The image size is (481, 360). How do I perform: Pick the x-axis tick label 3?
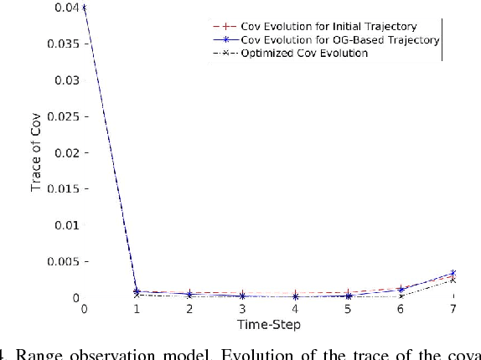click(242, 310)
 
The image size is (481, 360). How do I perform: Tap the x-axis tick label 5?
click(348, 310)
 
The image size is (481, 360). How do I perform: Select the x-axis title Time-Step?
click(270, 324)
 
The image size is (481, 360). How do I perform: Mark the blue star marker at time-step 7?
click(454, 273)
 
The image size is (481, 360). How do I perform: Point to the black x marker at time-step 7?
click(454, 280)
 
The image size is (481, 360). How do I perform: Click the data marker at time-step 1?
click(137, 292)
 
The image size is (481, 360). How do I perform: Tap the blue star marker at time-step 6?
click(401, 289)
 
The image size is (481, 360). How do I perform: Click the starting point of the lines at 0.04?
click(84, 8)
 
